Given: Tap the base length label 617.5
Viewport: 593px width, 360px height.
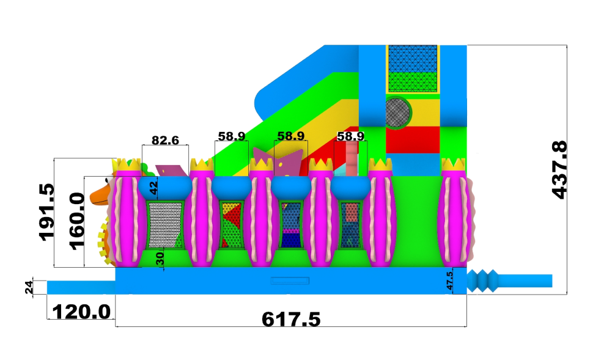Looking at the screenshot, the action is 291,320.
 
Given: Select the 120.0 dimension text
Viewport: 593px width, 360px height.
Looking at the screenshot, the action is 81,312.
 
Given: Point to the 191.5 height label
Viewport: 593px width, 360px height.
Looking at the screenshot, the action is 47,212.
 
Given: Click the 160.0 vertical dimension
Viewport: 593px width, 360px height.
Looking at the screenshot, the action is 77,221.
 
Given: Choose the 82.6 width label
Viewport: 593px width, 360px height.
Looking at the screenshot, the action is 165,141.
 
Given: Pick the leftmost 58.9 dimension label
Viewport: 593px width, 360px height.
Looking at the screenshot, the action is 232,136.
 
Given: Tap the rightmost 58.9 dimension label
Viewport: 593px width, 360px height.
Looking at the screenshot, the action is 350,136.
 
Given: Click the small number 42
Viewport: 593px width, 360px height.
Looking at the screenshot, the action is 153,188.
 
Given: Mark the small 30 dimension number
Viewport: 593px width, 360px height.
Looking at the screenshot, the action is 160,259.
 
